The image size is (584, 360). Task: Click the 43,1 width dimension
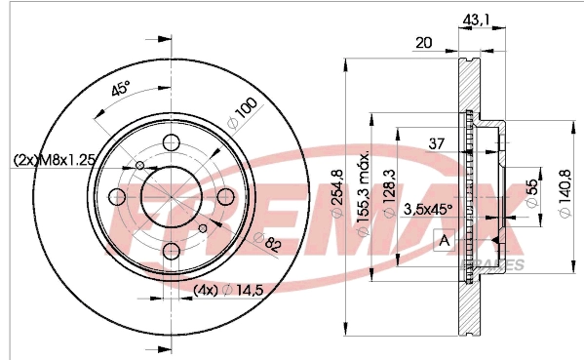pos(476,19)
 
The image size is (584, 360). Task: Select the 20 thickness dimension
pos(423,43)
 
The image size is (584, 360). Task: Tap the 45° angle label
pos(121,89)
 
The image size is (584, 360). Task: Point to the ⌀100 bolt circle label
pos(242,113)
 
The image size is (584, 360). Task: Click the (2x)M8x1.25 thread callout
pos(54,160)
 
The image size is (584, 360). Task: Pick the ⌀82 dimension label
pos(266,242)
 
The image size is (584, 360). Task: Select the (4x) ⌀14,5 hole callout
pos(228,290)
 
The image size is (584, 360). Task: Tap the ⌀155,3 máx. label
pos(363,193)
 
